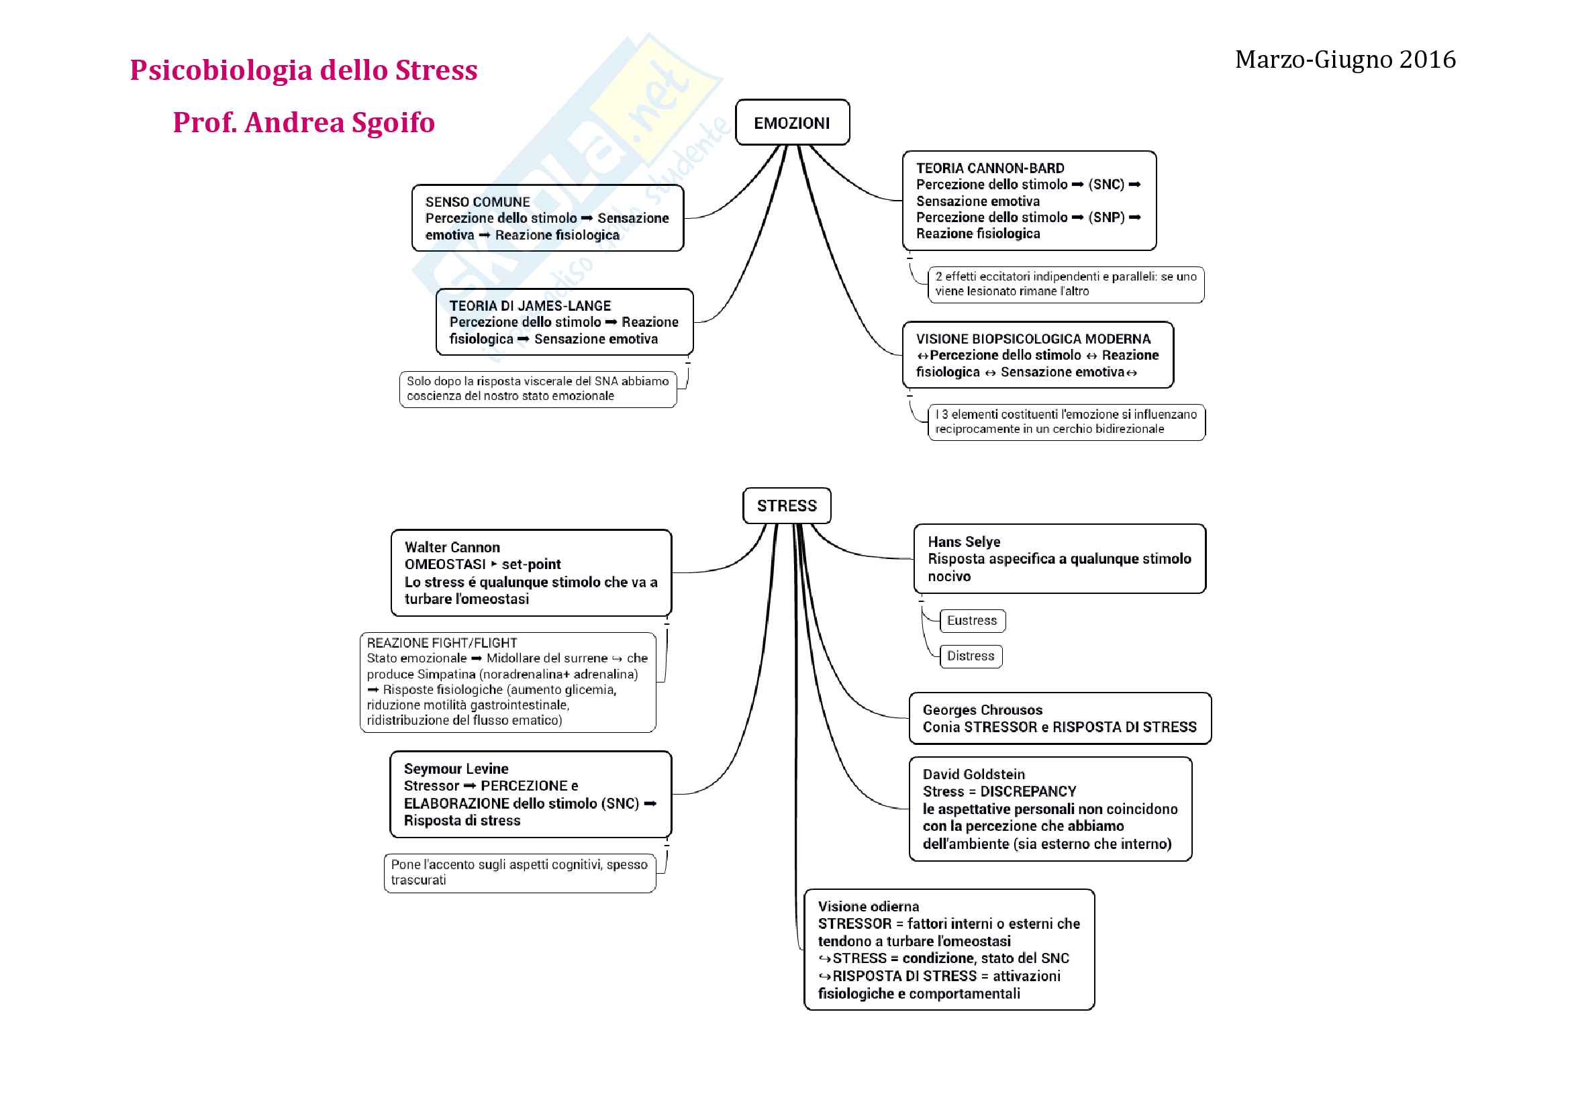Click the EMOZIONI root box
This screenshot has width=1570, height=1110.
(792, 123)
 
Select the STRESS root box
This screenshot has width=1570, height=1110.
(787, 506)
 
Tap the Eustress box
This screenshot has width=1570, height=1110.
(972, 621)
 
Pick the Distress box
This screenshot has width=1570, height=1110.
(971, 656)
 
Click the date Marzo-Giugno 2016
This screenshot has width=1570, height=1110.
(1345, 60)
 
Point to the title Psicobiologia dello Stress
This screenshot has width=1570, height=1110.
(303, 70)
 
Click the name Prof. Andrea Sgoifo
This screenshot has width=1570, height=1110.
(303, 123)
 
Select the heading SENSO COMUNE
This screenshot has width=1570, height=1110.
(477, 202)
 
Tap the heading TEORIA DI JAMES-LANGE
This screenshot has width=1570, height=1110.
(530, 306)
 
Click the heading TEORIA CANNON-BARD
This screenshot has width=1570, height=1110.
(990, 168)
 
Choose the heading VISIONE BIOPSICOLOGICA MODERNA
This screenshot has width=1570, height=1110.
(1033, 339)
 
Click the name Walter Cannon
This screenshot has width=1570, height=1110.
(452, 548)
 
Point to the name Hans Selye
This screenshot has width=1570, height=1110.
(964, 542)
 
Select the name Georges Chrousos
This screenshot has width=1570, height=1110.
(983, 710)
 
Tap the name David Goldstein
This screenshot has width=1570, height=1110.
(974, 774)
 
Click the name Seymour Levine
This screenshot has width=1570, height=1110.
(456, 769)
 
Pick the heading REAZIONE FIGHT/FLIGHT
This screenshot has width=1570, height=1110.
(442, 643)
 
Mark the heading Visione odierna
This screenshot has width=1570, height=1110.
(869, 906)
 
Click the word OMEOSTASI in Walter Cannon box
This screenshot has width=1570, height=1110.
(444, 564)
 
